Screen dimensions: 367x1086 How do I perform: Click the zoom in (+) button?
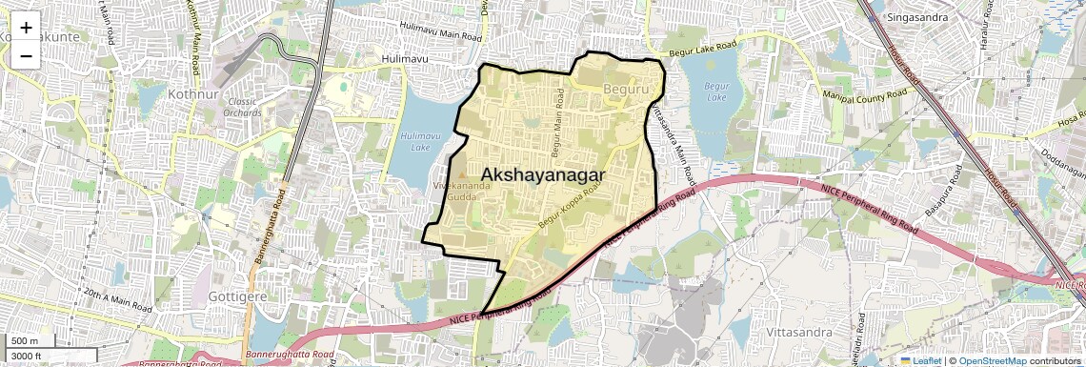click(x=26, y=28)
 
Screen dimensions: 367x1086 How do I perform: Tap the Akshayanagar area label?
click(x=544, y=174)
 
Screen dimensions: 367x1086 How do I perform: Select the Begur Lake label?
click(x=715, y=92)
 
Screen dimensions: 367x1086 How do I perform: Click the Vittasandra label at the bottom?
click(x=798, y=332)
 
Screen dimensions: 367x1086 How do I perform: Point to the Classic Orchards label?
click(x=243, y=107)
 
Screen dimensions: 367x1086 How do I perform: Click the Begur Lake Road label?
click(x=703, y=49)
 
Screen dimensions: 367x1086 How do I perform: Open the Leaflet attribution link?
click(x=921, y=361)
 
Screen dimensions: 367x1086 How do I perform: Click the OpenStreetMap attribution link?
click(x=992, y=361)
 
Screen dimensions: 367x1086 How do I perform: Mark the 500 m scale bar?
click(x=26, y=341)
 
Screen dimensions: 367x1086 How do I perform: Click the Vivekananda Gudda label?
click(x=462, y=190)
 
